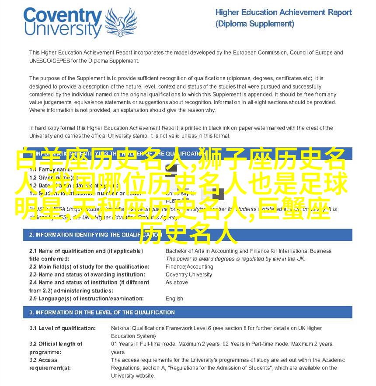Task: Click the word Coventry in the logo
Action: pos(63,17)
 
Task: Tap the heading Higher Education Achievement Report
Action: pos(283,13)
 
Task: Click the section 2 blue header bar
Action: pos(188,235)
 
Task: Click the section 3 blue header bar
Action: pos(188,312)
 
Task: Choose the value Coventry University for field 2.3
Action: pos(189,275)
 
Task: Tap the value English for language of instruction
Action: pos(174,299)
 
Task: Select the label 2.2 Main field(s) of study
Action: pos(89,267)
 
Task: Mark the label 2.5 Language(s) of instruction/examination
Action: pos(86,299)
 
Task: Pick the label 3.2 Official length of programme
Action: pos(56,348)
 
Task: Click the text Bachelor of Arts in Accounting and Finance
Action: pos(248,251)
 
